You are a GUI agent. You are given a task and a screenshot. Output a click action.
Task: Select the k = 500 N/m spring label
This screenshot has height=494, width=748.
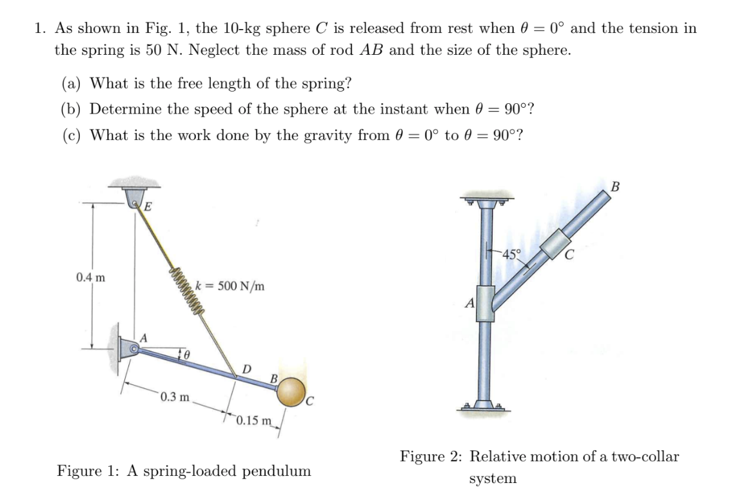(x=230, y=286)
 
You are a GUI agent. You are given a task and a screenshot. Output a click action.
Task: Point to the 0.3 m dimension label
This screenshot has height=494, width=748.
(x=174, y=396)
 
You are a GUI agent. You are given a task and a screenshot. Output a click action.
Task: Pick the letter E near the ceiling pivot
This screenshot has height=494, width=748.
(x=147, y=207)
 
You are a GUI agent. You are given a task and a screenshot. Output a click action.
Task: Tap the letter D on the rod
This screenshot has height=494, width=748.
(x=246, y=368)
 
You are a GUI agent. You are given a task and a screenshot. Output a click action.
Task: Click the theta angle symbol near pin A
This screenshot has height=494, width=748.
(x=186, y=354)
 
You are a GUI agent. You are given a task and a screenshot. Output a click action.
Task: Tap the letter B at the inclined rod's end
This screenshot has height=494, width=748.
(x=615, y=187)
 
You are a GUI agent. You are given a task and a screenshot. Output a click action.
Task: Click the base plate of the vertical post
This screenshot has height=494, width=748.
(x=484, y=406)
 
